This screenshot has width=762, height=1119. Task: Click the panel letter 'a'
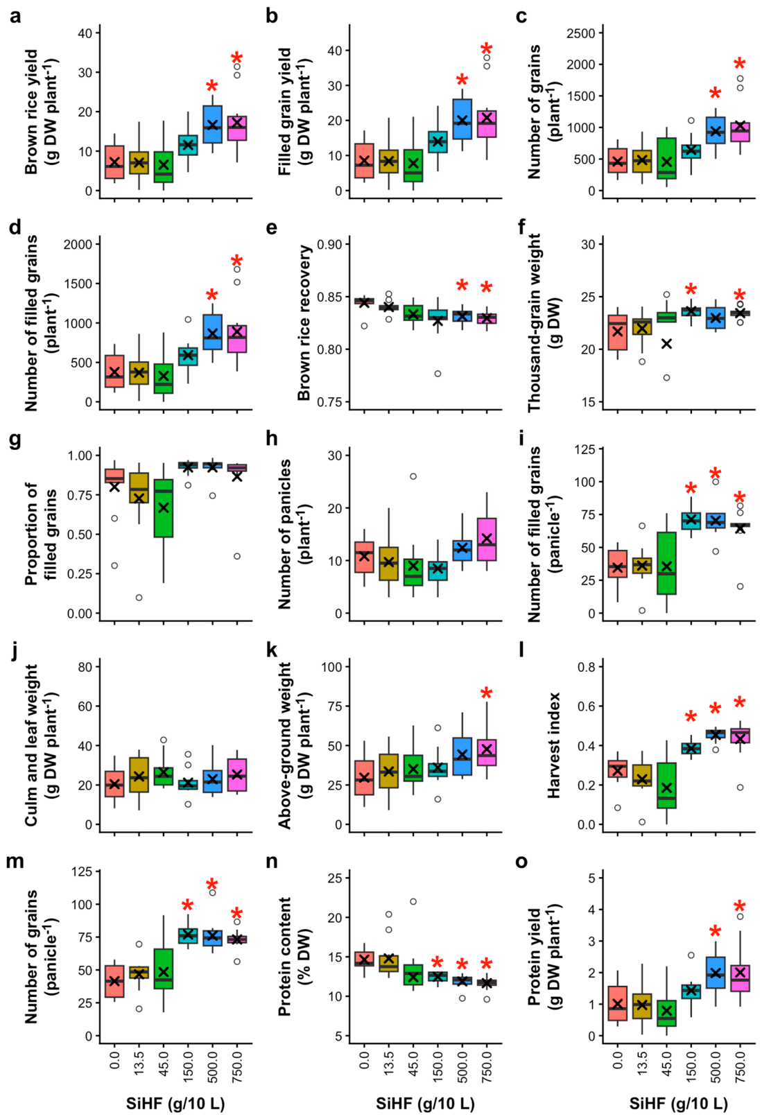[15, 17]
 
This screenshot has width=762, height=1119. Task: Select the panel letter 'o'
[521, 862]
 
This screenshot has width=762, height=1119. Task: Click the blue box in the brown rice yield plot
[212, 124]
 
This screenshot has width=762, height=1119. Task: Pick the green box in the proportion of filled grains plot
[164, 508]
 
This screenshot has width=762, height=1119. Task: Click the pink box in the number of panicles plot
[487, 539]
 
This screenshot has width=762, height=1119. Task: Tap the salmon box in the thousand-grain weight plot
[618, 332]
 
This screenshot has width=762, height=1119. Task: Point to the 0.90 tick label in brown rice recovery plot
[330, 245]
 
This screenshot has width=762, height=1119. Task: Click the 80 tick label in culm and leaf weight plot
[86, 667]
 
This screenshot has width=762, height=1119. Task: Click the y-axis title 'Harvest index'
[553, 745]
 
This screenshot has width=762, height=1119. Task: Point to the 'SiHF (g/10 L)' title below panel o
[678, 1103]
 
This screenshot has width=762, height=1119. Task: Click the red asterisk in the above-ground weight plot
[486, 693]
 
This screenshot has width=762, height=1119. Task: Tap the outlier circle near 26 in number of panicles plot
[413, 476]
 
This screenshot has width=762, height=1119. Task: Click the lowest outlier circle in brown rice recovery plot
[438, 374]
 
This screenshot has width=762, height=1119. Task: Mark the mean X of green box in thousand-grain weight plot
[666, 344]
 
